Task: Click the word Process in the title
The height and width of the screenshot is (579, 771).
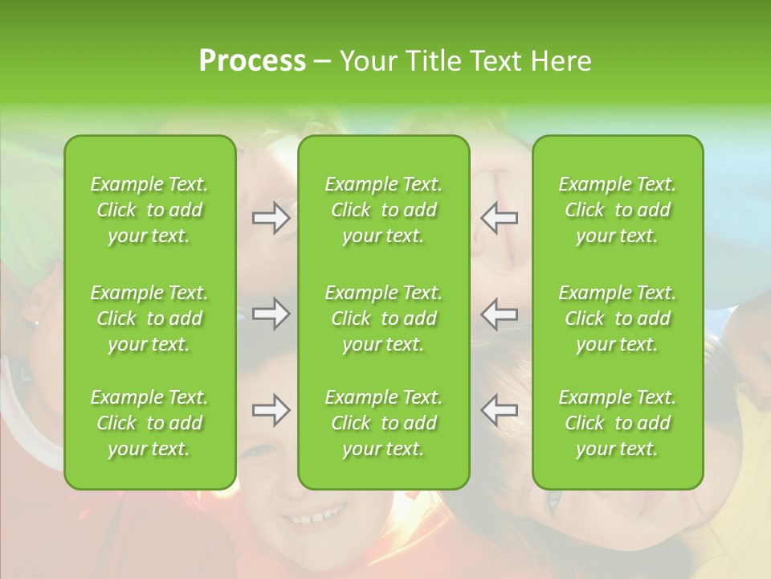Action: point(252,61)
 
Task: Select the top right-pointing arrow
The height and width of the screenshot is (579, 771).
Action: point(271,218)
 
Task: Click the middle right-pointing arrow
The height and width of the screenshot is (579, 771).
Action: point(271,314)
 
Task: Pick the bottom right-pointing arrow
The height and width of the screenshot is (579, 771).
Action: point(271,410)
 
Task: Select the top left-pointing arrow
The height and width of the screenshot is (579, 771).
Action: point(500,218)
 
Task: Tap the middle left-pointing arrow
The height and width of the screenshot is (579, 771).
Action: point(500,314)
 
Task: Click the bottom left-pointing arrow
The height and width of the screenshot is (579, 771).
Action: point(500,410)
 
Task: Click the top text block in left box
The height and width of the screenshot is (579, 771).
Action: point(149,210)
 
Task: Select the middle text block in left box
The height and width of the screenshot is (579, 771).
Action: point(149,318)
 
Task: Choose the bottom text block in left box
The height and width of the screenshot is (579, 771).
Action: point(149,423)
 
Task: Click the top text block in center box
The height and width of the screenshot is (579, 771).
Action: point(384,210)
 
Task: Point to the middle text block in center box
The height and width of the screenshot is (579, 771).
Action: point(384,318)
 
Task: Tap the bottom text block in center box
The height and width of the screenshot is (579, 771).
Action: point(384,423)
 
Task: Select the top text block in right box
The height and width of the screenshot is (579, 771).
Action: point(618,210)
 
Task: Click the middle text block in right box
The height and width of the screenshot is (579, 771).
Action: point(618,318)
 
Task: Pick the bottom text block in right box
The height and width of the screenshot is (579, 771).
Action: point(618,423)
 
